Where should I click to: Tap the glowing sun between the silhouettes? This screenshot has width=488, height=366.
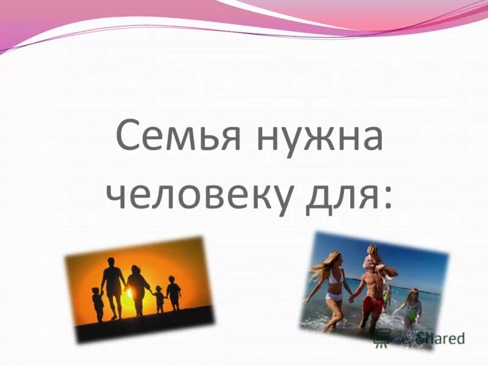click(130, 293)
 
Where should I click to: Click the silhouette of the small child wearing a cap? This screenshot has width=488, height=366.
click(159, 299)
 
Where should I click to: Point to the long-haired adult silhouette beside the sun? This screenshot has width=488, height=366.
click(138, 290)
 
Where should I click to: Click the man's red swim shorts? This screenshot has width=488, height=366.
click(373, 303)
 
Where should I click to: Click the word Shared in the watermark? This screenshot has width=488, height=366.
click(440, 338)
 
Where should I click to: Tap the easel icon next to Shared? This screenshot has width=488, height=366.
click(382, 339)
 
